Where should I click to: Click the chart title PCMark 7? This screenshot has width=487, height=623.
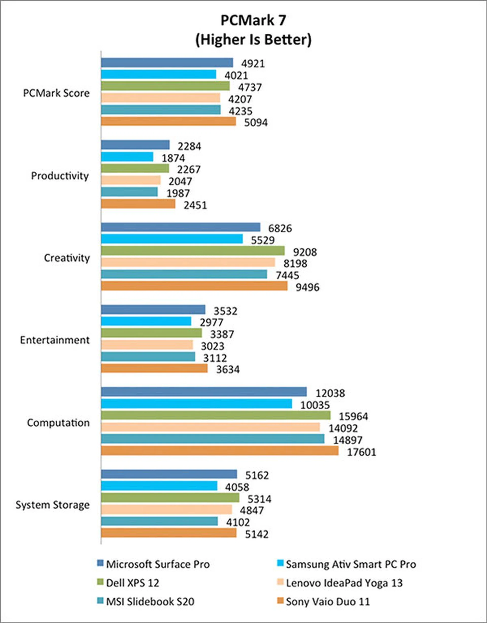pyautogui.click(x=253, y=21)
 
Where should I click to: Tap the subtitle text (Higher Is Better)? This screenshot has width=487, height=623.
pyautogui.click(x=253, y=40)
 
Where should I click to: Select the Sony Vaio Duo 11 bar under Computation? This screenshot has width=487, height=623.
pyautogui.click(x=220, y=451)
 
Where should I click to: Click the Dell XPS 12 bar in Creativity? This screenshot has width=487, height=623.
pyautogui.click(x=193, y=251)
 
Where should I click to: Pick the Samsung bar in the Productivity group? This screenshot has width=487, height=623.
pyautogui.click(x=127, y=157)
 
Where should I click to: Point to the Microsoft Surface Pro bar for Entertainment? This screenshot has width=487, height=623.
pyautogui.click(x=153, y=309)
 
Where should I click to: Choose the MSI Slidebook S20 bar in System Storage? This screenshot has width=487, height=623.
pyautogui.click(x=159, y=521)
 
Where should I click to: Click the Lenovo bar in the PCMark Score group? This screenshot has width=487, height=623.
pyautogui.click(x=160, y=98)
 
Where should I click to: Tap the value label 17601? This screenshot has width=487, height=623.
pyautogui.click(x=361, y=452)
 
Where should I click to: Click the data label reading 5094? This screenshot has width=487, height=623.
pyautogui.click(x=256, y=123)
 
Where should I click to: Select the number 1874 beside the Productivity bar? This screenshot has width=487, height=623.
pyautogui.click(x=173, y=158)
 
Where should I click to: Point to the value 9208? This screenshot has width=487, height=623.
pyautogui.click(x=305, y=252)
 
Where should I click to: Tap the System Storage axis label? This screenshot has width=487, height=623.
pyautogui.click(x=53, y=505)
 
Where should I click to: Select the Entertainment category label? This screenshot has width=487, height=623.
pyautogui.click(x=55, y=340)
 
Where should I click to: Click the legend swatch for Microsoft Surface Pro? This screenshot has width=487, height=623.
pyautogui.click(x=100, y=563)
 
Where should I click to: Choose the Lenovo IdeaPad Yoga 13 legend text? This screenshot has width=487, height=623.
pyautogui.click(x=344, y=583)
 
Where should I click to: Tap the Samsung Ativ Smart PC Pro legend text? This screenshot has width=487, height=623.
pyautogui.click(x=351, y=564)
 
